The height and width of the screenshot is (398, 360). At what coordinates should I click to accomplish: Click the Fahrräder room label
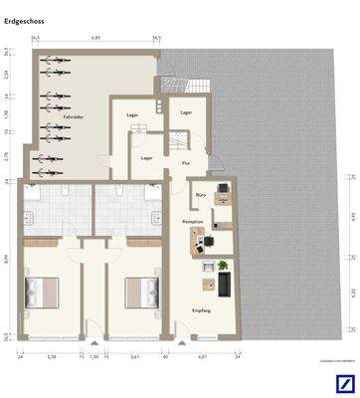coord(73,117)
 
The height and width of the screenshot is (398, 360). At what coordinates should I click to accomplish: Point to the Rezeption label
coord(193,221)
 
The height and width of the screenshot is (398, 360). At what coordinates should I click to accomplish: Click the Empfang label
coord(201,310)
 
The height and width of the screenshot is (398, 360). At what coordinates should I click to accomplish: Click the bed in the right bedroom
coord(140,295)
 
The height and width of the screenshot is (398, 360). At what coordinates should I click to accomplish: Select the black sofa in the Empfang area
coord(225,286)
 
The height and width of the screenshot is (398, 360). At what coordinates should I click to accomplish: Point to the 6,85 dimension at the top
coord(96,37)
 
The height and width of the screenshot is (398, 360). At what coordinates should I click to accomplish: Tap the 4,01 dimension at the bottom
coord(201,356)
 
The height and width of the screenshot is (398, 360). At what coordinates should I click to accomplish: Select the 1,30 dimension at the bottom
coord(94,356)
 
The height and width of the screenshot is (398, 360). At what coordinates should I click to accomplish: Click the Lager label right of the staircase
coord(186,112)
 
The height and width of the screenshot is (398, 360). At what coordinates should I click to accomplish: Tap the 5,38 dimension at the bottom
coord(52,356)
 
